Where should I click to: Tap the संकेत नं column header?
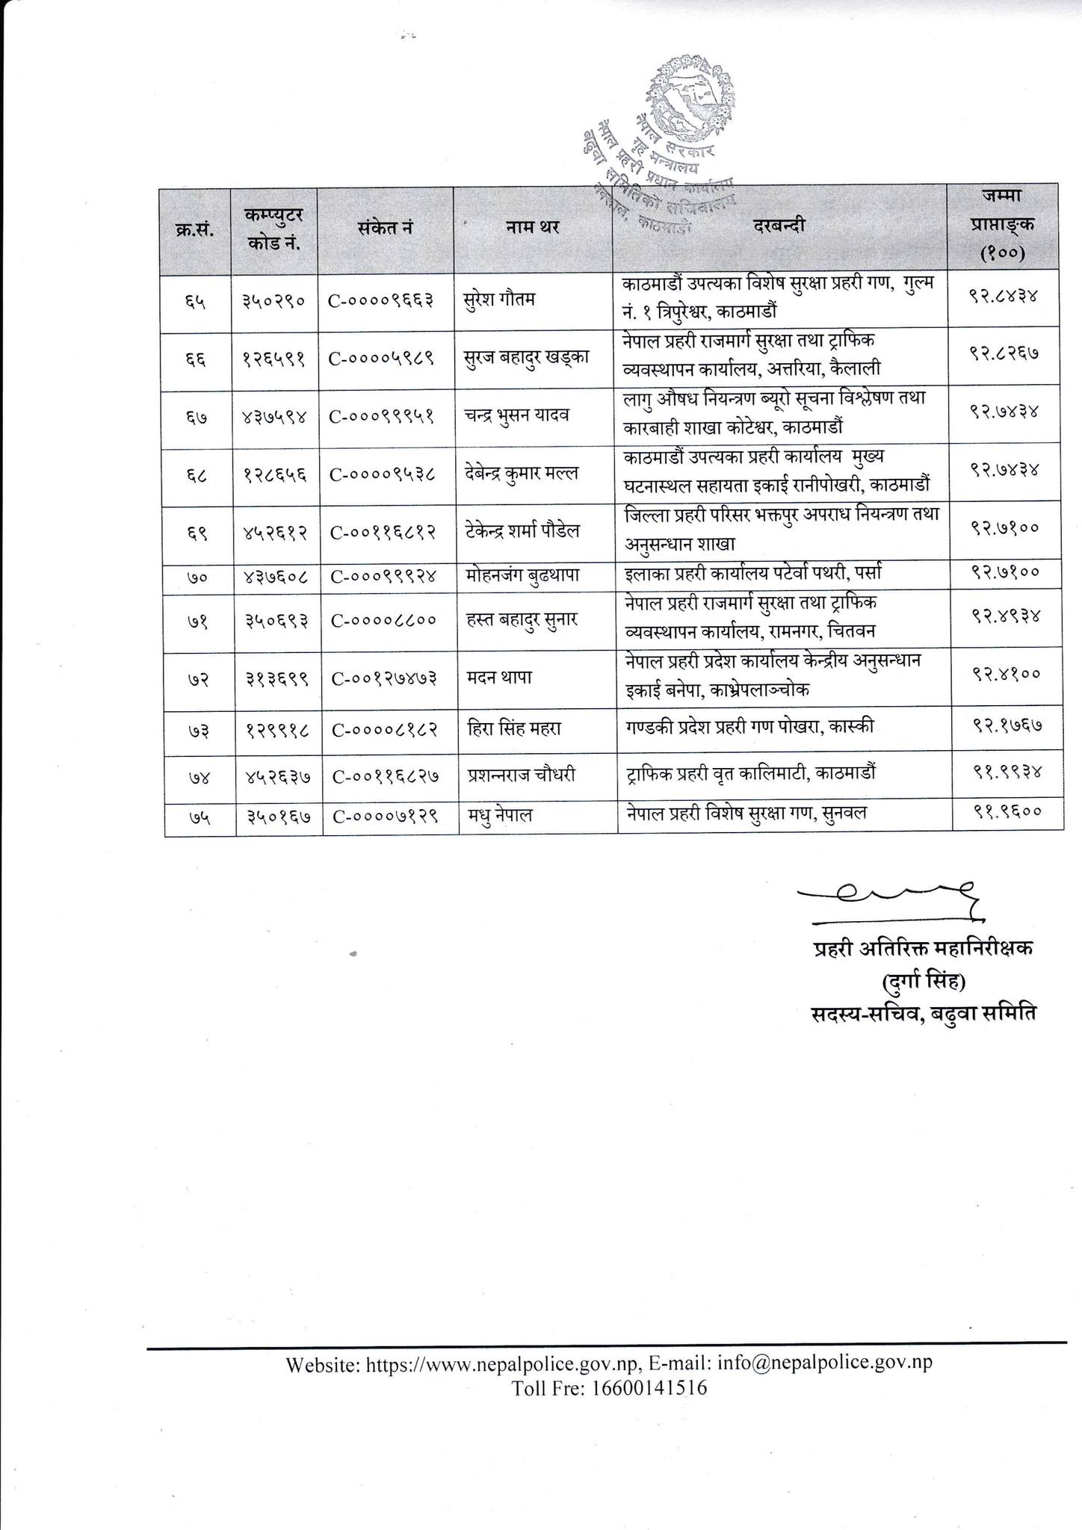pyautogui.click(x=385, y=227)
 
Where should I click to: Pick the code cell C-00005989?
pyautogui.click(x=384, y=357)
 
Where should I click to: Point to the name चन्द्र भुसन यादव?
pyautogui.click(x=516, y=415)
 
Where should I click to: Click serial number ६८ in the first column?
pyautogui.click(x=197, y=474)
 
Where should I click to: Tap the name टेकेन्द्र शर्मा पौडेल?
pyautogui.click(x=522, y=530)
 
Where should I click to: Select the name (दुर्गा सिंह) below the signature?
pyautogui.click(x=924, y=981)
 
